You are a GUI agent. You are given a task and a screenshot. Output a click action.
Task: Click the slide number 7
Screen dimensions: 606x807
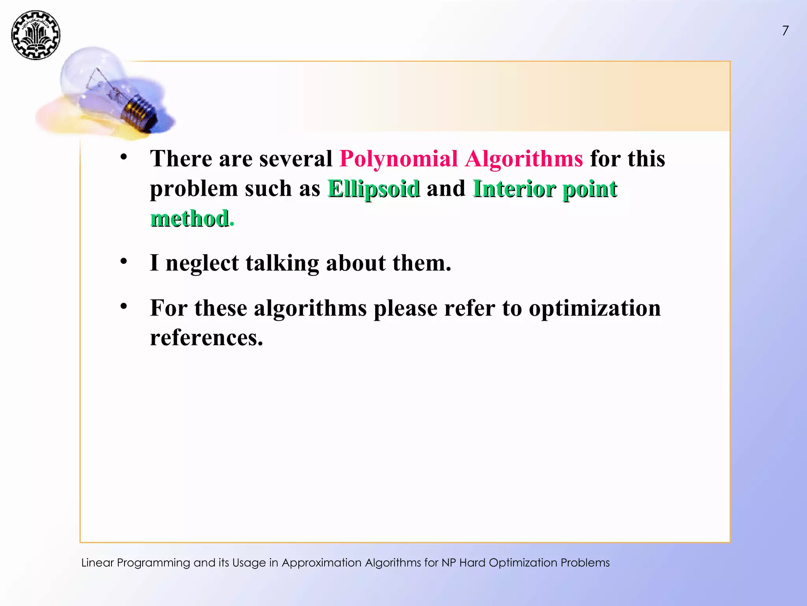coord(785,31)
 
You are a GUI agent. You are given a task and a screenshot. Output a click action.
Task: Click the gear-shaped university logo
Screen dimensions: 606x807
coord(35,35)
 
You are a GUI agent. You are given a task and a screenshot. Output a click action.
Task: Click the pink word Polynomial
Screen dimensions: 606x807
coord(398,159)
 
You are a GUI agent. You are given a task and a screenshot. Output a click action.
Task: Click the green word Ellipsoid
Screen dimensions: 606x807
coord(374,189)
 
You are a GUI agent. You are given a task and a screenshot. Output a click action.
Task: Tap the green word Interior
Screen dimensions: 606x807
coord(514,189)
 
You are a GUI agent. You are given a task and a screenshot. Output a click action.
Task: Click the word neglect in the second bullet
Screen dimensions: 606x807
coord(202,263)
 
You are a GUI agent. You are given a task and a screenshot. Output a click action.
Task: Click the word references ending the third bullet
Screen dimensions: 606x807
coord(206,338)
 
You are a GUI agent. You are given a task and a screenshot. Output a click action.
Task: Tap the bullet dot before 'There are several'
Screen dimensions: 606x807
coord(124,157)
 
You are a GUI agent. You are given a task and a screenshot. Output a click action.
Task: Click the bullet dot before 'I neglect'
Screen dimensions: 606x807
coord(124,261)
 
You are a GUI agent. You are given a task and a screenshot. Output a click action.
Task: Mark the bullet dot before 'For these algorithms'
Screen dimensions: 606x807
coord(124,306)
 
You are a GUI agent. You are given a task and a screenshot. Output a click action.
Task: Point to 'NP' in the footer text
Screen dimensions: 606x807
coord(449,563)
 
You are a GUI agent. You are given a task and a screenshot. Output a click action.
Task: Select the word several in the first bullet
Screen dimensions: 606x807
coord(296,159)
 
